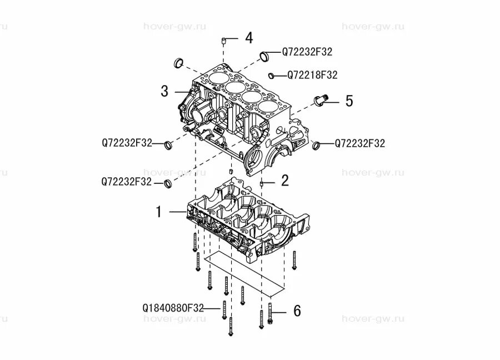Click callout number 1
point(158,212)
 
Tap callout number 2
point(284,180)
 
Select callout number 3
point(164,91)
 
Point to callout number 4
point(248,38)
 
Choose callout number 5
point(349,101)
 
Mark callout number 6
point(297,311)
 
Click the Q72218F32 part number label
point(312,74)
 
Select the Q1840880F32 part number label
point(173,307)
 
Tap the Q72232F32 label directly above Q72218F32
point(307,52)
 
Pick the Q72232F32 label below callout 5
point(359,143)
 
